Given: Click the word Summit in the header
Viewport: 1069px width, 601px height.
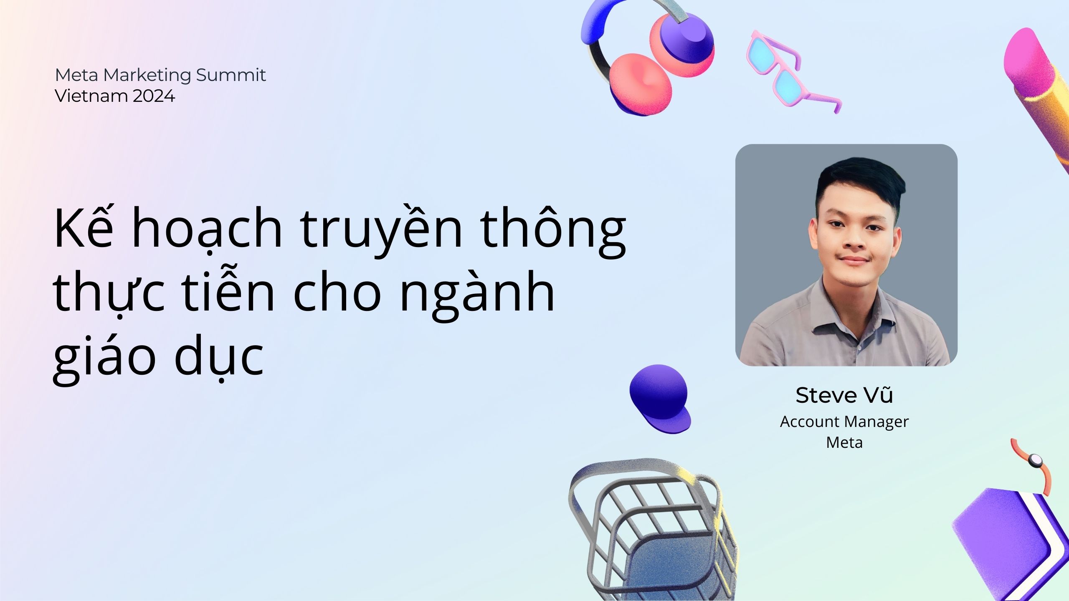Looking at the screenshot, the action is [x=231, y=76].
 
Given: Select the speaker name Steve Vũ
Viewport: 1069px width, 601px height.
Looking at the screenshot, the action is [x=844, y=395].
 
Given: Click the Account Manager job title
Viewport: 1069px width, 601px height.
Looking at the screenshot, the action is [x=844, y=422].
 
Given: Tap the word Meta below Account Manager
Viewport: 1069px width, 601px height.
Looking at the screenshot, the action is [x=844, y=442].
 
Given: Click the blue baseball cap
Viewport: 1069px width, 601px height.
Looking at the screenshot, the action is [x=660, y=399].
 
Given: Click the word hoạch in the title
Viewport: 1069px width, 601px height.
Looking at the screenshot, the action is [x=207, y=230].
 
